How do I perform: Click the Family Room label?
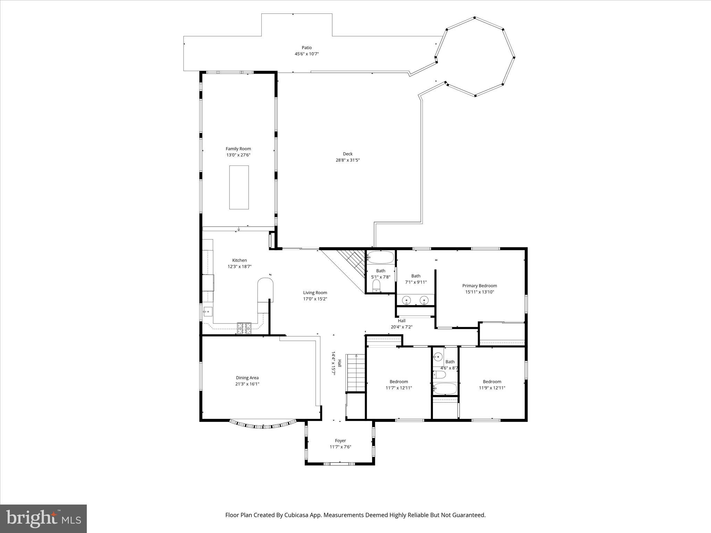[x=238, y=149]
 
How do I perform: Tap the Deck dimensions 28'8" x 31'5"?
[x=348, y=160]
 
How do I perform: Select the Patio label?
[x=307, y=48]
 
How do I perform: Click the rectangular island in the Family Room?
[x=239, y=187]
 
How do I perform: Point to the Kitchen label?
[x=240, y=260]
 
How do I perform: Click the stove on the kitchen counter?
[x=244, y=328]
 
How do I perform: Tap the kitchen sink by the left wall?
[x=208, y=311]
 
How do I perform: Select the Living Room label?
[x=315, y=293]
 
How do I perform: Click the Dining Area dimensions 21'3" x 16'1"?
[x=247, y=384]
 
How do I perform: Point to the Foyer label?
[x=340, y=441]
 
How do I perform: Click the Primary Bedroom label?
[x=479, y=286]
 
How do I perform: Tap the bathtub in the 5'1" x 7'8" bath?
[x=381, y=257]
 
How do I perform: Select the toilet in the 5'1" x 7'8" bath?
[x=376, y=286]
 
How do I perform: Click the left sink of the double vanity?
[x=407, y=299]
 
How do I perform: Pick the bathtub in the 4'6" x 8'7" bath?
[x=445, y=389]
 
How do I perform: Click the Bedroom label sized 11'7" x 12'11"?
[x=399, y=382]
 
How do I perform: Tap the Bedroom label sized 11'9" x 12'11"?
[x=492, y=382]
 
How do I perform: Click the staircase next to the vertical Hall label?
[x=356, y=373]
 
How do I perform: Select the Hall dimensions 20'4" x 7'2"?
[x=402, y=327]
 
